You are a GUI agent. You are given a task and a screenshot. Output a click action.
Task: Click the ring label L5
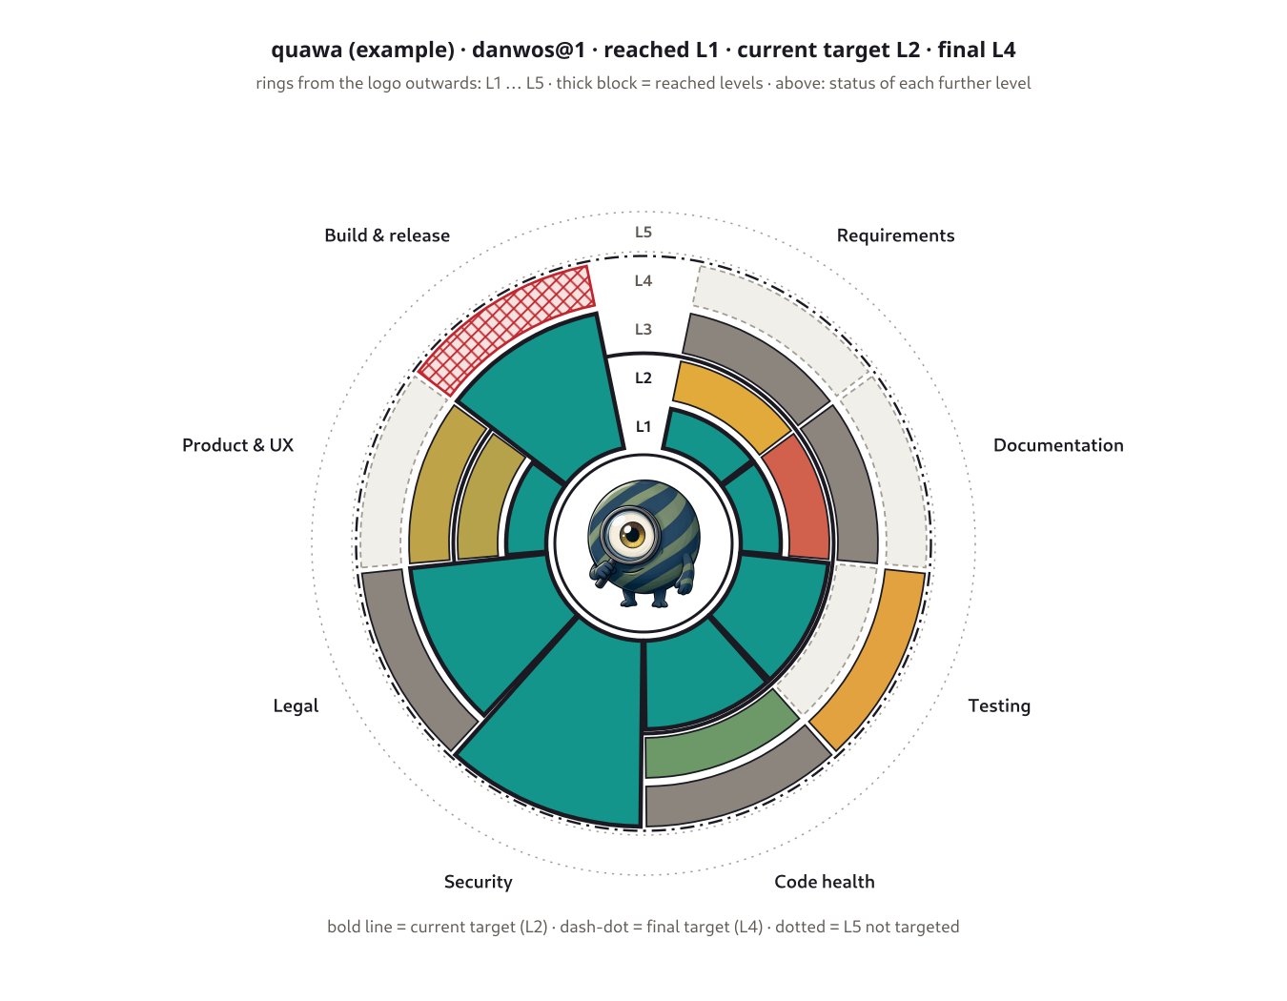pyautogui.click(x=643, y=233)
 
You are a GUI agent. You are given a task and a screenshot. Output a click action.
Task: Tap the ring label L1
pyautogui.click(x=643, y=426)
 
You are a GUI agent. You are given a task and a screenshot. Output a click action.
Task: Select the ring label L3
pyautogui.click(x=643, y=329)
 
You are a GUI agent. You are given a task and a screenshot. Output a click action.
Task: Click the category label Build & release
pyautogui.click(x=387, y=235)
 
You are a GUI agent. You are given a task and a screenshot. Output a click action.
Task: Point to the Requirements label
pyautogui.click(x=895, y=235)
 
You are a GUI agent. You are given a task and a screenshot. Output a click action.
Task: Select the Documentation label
pyautogui.click(x=1058, y=445)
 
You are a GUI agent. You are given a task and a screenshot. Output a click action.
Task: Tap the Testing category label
pyautogui.click(x=999, y=706)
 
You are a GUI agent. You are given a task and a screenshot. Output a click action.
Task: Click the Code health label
pyautogui.click(x=825, y=881)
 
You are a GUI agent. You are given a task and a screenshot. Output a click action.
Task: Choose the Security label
pyautogui.click(x=478, y=882)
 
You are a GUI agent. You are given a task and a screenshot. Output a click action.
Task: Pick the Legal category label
pyautogui.click(x=296, y=706)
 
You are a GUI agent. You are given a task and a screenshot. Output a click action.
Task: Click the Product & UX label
pyautogui.click(x=237, y=445)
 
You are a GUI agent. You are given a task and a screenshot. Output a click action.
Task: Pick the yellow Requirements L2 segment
pyautogui.click(x=732, y=402)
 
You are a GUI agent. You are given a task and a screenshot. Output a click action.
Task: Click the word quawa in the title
pyautogui.click(x=307, y=51)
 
